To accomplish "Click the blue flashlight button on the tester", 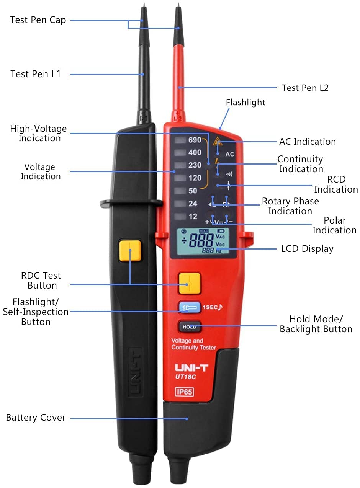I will pyautogui.click(x=189, y=307).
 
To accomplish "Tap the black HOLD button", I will pyautogui.click(x=189, y=326).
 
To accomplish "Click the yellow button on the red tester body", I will pyautogui.click(x=189, y=283).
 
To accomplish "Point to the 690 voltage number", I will pyautogui.click(x=195, y=140).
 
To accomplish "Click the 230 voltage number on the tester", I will pyautogui.click(x=195, y=165).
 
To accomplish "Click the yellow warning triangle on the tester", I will pyautogui.click(x=218, y=142).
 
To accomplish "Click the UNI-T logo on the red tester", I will pyautogui.click(x=191, y=368).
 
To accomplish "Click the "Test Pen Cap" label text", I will pyautogui.click(x=38, y=20).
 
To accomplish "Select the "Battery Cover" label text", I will pyautogui.click(x=36, y=418).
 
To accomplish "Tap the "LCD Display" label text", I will pyautogui.click(x=307, y=249).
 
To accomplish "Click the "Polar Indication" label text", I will pyautogui.click(x=334, y=225).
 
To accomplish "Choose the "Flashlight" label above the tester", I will pyautogui.click(x=245, y=102).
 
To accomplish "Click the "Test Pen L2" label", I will pyautogui.click(x=305, y=88).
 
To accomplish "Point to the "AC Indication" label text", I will pyautogui.click(x=307, y=142).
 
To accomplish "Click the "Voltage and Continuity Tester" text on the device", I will pyautogui.click(x=193, y=344).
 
